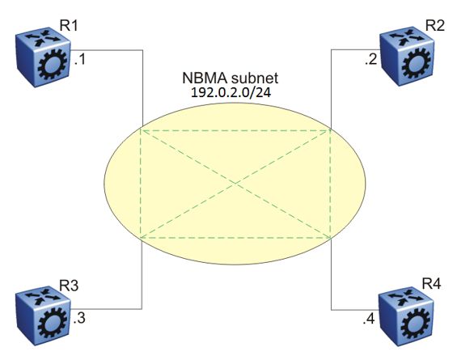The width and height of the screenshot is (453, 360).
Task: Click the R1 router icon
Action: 43,57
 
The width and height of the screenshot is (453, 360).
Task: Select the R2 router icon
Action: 407,57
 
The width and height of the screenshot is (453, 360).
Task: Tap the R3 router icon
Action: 43,316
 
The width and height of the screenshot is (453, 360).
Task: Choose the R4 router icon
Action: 406,316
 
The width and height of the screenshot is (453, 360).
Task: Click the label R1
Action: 69,25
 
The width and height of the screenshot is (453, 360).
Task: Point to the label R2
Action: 435,25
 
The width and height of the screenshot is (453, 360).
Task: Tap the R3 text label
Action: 69,286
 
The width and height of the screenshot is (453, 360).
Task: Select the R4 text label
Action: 431,283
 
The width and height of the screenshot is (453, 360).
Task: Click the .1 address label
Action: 80,59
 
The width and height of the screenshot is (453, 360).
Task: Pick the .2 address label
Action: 371,59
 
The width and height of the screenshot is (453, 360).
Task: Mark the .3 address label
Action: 79,318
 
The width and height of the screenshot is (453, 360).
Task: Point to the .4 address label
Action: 369,319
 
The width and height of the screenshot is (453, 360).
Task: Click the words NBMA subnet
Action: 231,78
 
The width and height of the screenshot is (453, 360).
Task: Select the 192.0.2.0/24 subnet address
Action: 231,92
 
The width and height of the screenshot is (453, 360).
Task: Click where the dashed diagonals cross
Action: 235,184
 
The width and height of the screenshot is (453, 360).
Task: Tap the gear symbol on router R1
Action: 53,65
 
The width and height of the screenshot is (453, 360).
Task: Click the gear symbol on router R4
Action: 416,324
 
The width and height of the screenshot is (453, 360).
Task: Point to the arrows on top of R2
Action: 407,37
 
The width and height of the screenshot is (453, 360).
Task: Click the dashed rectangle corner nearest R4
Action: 331,238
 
